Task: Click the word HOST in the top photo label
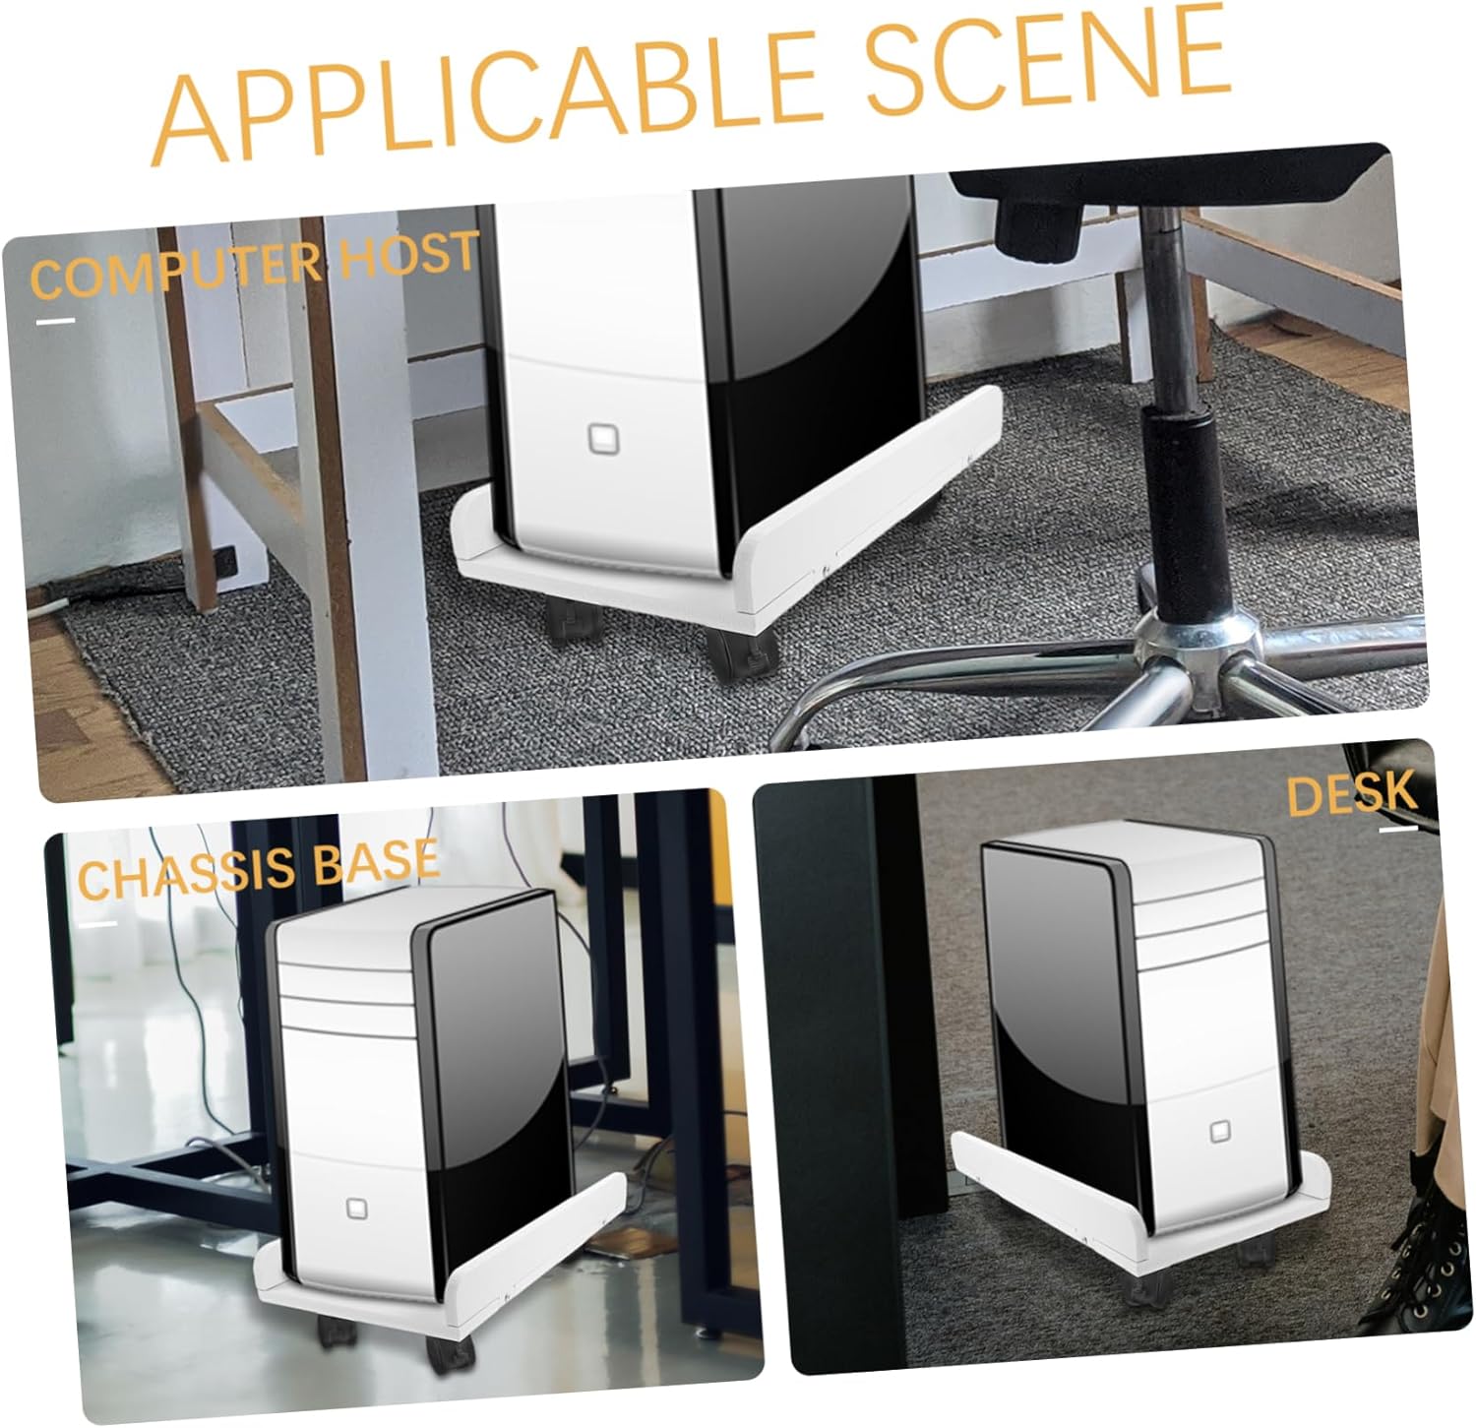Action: pyautogui.click(x=408, y=254)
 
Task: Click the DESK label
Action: pyautogui.click(x=1351, y=795)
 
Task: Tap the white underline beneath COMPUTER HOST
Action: pyautogui.click(x=55, y=320)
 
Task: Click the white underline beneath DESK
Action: pyautogui.click(x=1397, y=829)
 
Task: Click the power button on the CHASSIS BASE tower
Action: pyautogui.click(x=355, y=1209)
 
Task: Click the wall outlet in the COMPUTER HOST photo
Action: pyautogui.click(x=224, y=564)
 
